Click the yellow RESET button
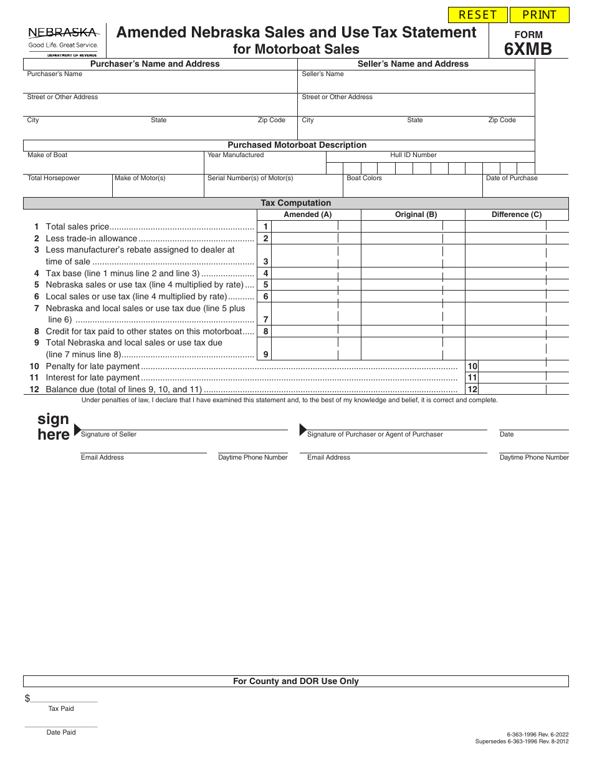[478, 15]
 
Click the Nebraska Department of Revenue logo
[63, 40]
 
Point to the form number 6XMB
[528, 49]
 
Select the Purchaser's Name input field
[161, 85]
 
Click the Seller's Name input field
[416, 85]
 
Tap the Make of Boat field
[114, 165]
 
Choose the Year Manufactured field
[265, 165]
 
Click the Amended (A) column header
[308, 215]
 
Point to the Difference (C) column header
[517, 215]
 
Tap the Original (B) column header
[416, 215]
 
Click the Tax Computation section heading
[295, 203]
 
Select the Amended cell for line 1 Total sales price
[304, 227]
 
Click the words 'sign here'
[54, 427]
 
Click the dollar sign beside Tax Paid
[27, 698]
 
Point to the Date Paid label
[61, 732]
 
